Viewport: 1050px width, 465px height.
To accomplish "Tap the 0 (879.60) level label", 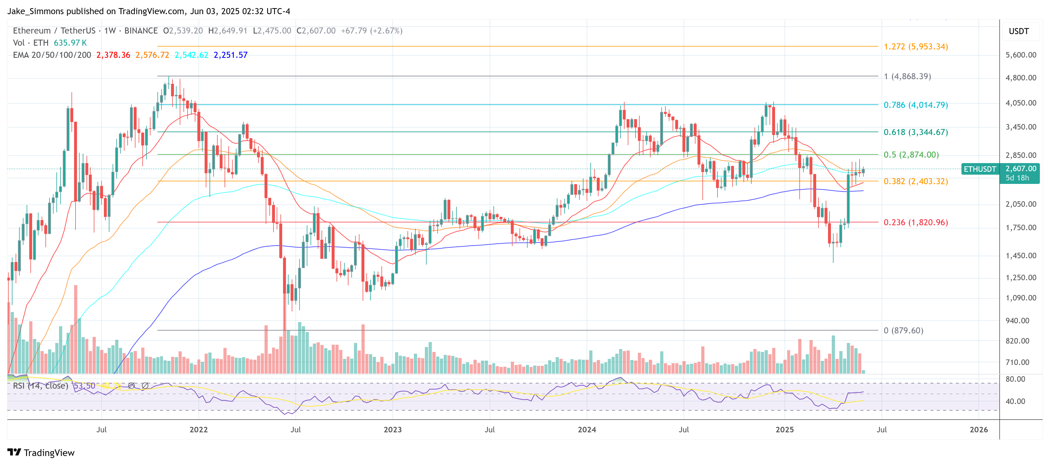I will pyautogui.click(x=903, y=330).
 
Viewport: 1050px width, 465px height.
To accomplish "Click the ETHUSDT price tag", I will pyautogui.click(x=979, y=169).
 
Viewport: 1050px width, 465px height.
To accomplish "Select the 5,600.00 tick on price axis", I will pyautogui.click(x=1020, y=55).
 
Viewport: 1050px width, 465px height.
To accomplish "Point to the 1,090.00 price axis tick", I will pyautogui.click(x=1020, y=298).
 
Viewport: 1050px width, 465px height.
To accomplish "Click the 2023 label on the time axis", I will pyautogui.click(x=392, y=429).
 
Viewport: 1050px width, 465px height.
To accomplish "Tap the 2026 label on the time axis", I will pyautogui.click(x=978, y=429).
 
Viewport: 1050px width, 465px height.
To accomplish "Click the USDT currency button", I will pyautogui.click(x=1018, y=31).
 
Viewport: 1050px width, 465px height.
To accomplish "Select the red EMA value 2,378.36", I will pyautogui.click(x=113, y=55).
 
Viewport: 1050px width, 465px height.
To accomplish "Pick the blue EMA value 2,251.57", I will pyautogui.click(x=230, y=55).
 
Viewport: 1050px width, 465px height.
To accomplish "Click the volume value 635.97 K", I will pyautogui.click(x=70, y=43).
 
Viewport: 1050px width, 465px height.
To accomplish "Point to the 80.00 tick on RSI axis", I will pyautogui.click(x=1015, y=379).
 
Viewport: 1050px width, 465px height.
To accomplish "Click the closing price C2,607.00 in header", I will pyautogui.click(x=316, y=31).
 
